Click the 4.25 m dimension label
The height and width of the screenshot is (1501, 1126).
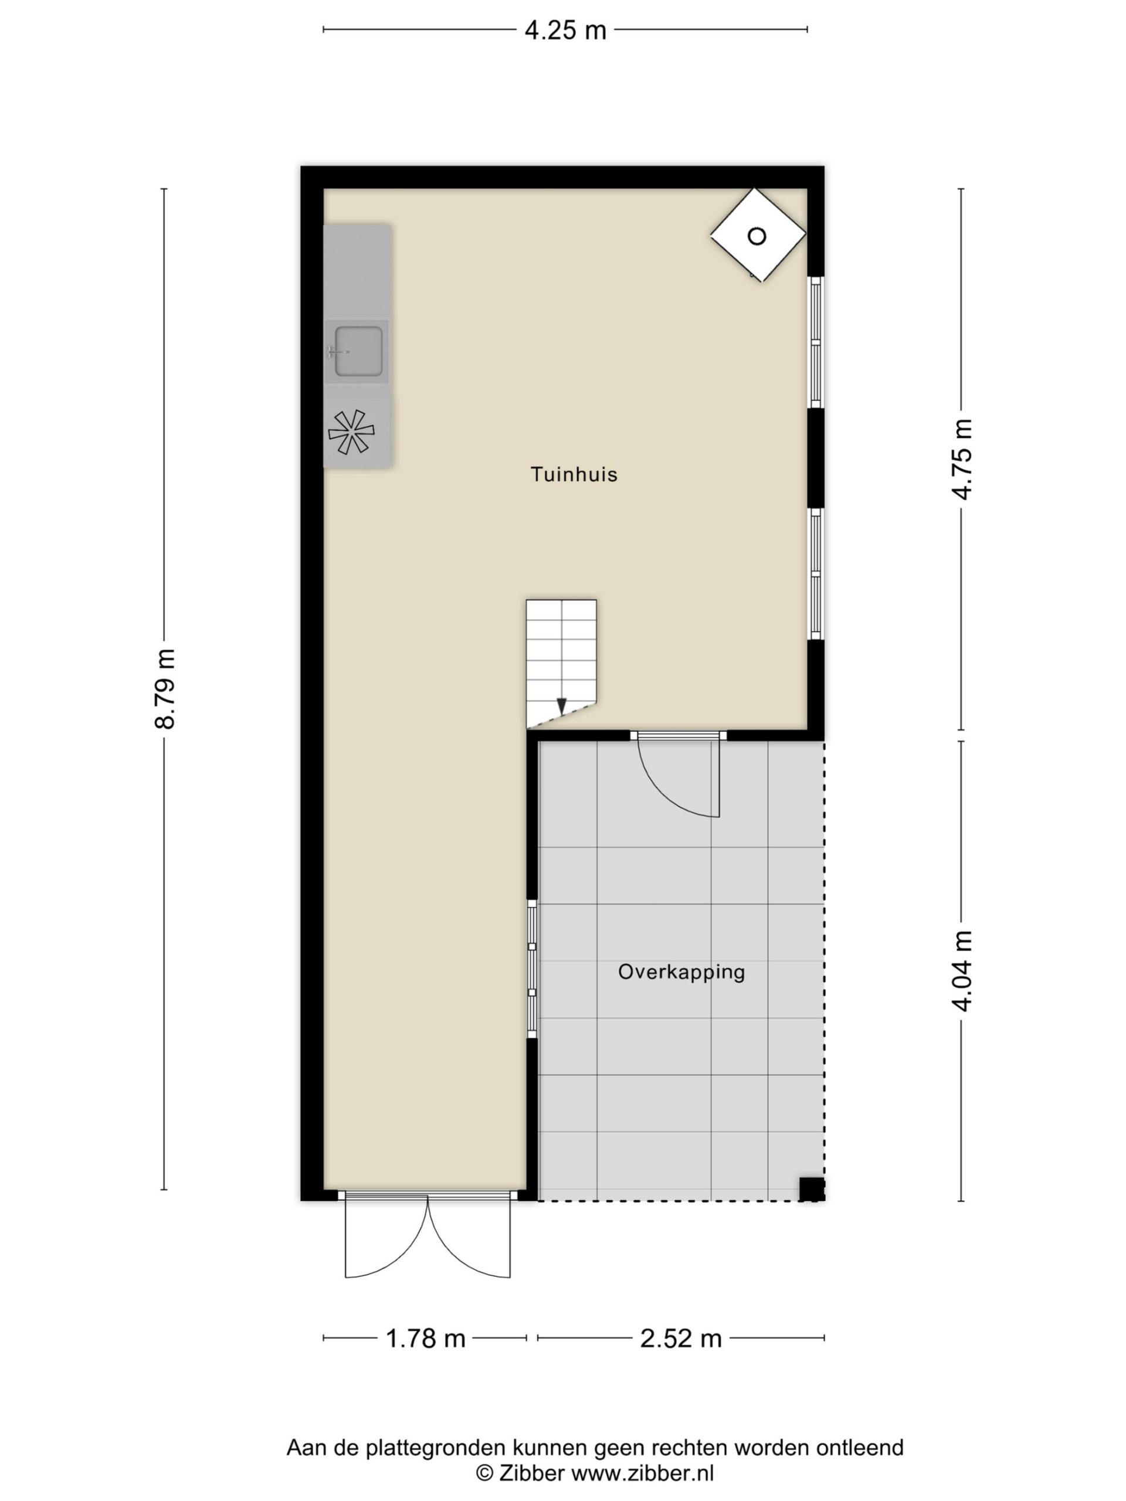coord(565,30)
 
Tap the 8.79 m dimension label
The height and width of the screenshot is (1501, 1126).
coord(165,689)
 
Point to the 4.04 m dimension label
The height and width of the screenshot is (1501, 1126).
coord(962,971)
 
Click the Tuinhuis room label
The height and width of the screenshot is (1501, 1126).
coord(574,474)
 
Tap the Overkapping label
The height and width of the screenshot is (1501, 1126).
coord(681,972)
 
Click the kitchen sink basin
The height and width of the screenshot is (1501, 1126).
coord(358,351)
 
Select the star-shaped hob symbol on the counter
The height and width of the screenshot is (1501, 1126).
coord(351,432)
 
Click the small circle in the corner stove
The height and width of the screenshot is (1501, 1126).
coord(757,236)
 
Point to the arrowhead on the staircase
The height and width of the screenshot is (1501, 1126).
coord(561,707)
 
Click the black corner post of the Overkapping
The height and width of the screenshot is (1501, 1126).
coord(811,1189)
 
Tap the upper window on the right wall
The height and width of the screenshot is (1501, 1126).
coord(816,342)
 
